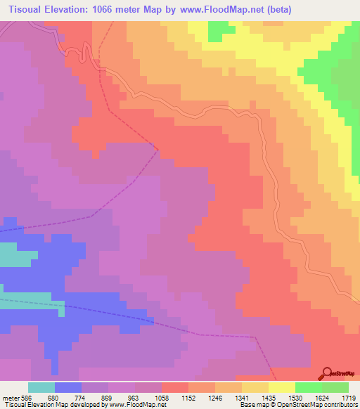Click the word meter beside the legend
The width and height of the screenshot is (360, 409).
click(x=11, y=397)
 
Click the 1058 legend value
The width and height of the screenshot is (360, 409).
click(x=161, y=397)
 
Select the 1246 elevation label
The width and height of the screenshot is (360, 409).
click(x=214, y=397)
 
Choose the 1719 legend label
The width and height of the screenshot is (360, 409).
click(x=348, y=397)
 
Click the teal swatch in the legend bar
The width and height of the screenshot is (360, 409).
click(x=41, y=387)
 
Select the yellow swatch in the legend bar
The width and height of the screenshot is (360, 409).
click(x=282, y=387)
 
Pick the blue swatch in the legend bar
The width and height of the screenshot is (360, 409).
click(x=68, y=387)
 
